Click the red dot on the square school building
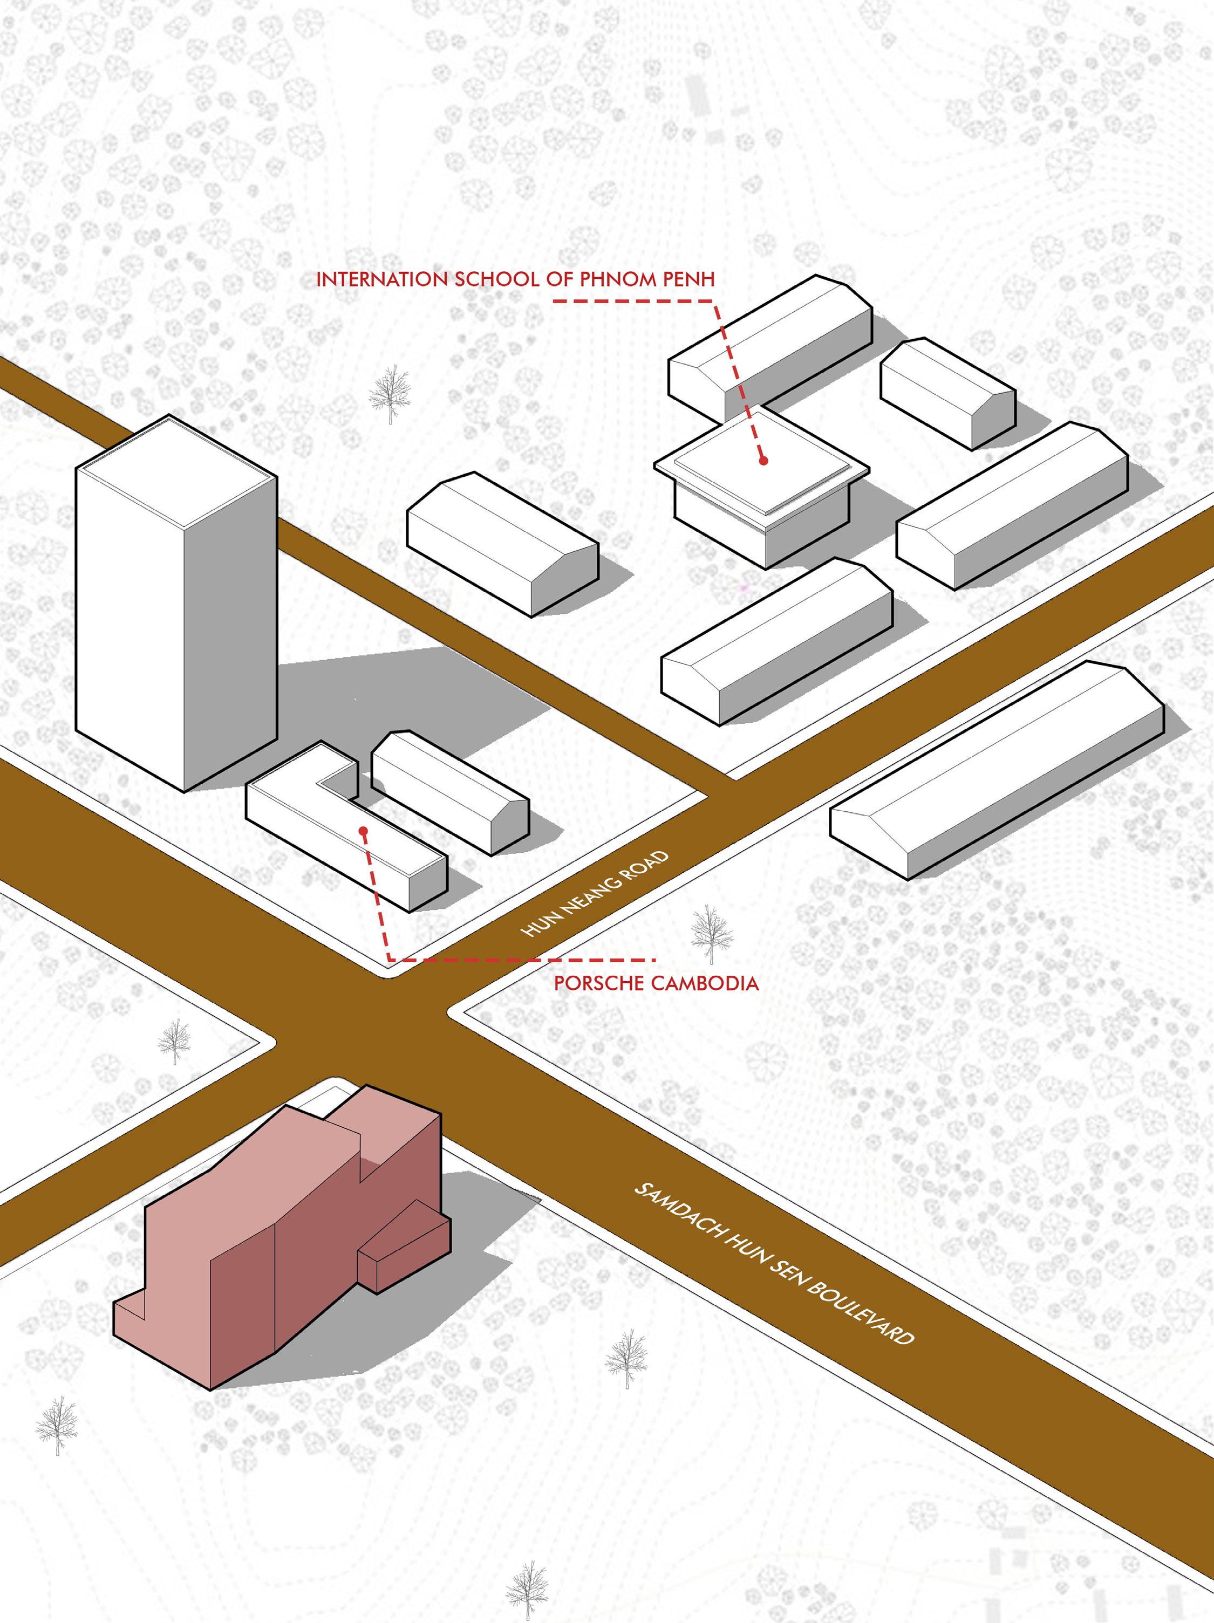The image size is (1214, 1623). [763, 461]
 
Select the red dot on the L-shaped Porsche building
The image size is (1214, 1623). [363, 831]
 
